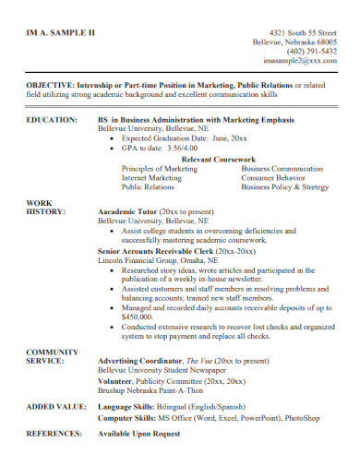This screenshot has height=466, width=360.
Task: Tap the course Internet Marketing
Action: [x=153, y=177]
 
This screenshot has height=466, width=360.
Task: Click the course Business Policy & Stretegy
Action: [x=284, y=187]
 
